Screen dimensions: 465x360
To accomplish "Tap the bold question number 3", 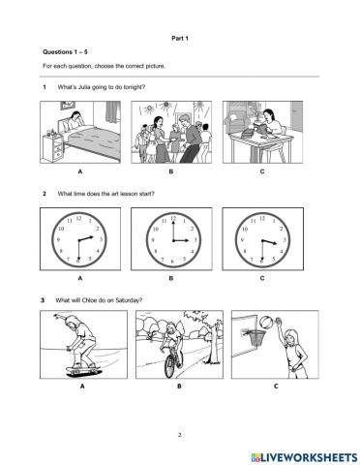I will [x=45, y=300].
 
